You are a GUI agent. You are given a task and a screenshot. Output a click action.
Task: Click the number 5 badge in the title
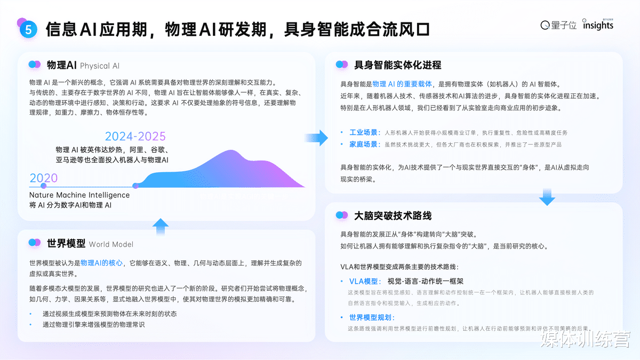click(x=28, y=30)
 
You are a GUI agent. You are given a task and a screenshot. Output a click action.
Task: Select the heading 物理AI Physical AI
click(x=83, y=66)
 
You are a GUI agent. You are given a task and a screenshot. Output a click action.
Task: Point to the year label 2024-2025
click(x=135, y=137)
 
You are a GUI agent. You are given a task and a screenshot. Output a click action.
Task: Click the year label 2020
click(x=43, y=178)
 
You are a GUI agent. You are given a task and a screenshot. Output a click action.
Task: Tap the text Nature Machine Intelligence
click(x=79, y=195)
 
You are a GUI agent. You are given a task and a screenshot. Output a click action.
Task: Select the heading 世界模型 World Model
click(x=90, y=244)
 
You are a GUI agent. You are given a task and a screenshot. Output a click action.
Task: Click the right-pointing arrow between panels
click(x=319, y=138)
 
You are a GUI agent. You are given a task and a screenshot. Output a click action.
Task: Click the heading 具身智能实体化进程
click(x=398, y=65)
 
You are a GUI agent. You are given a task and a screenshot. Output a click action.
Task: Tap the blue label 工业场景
click(x=364, y=132)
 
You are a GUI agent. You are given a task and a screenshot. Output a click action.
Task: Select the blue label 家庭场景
click(x=364, y=145)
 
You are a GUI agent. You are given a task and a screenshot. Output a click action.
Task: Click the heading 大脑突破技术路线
click(x=393, y=216)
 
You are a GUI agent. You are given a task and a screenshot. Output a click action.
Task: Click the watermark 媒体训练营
click(x=586, y=340)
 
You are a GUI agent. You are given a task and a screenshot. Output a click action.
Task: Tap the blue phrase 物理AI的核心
click(x=101, y=263)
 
